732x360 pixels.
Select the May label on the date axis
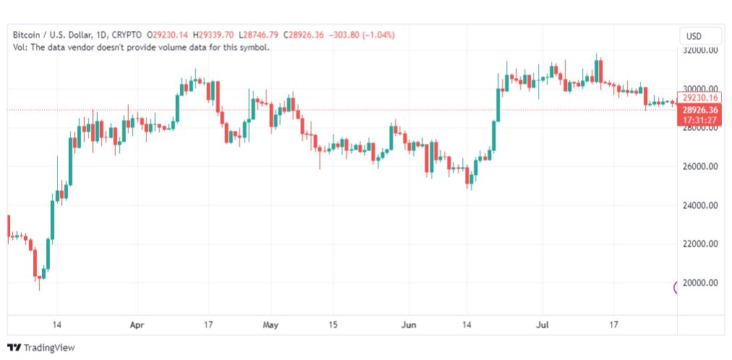coord(271,325)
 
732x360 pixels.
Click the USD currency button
coord(700,36)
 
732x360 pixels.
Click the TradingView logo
coord(41,348)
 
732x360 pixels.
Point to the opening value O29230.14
coord(169,35)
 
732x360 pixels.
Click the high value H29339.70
coord(215,35)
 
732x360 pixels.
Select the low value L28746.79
coord(259,35)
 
